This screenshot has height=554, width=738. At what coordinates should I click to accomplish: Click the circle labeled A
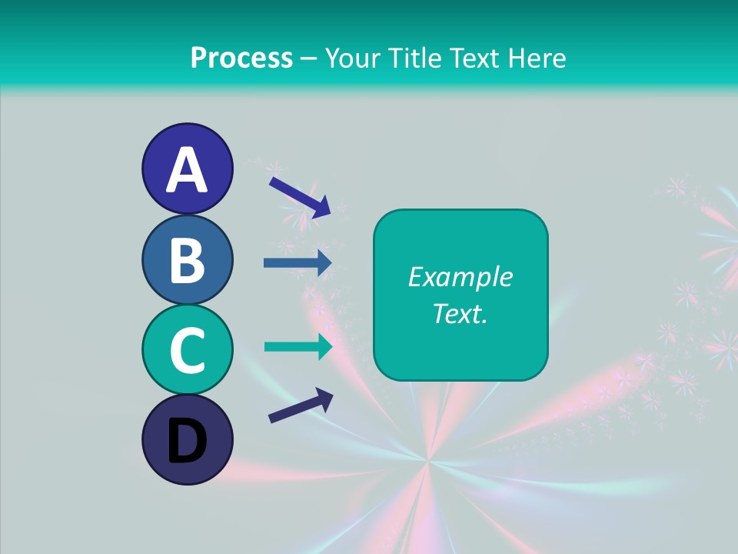(x=187, y=169)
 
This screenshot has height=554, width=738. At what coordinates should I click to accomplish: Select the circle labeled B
(x=187, y=259)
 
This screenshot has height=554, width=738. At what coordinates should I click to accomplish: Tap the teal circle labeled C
(x=187, y=350)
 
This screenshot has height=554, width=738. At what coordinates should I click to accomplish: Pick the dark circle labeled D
(x=187, y=440)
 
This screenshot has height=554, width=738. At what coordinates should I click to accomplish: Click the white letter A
(x=187, y=170)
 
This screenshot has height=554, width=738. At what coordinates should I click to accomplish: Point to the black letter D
(x=187, y=442)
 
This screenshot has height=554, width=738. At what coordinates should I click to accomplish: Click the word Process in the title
(x=241, y=58)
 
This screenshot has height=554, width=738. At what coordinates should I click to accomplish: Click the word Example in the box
(x=460, y=277)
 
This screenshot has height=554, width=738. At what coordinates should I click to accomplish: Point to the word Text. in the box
(x=460, y=313)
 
